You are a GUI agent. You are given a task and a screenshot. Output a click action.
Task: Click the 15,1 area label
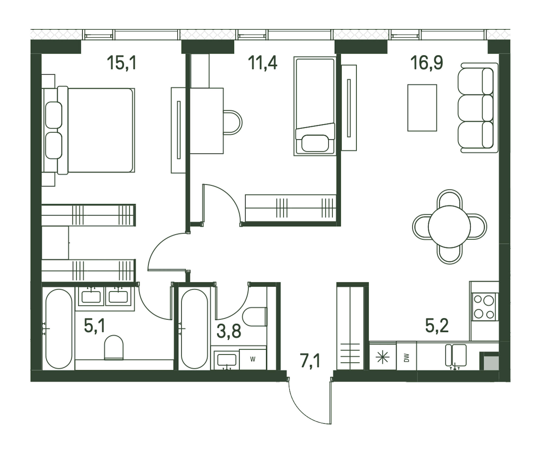point(122,63)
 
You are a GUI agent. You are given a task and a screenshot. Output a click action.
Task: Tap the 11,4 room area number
point(262,63)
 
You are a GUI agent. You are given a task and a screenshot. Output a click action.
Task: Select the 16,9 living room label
point(427,63)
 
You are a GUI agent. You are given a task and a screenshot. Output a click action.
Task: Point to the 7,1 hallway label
point(310,361)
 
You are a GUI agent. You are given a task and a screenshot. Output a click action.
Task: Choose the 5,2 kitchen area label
point(437,326)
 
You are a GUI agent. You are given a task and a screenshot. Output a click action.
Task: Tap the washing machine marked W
point(253,359)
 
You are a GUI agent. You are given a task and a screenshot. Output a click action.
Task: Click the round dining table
point(449,227)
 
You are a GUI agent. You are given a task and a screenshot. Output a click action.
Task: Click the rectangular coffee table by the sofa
point(422,107)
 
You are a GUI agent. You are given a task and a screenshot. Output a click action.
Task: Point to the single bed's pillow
point(315,143)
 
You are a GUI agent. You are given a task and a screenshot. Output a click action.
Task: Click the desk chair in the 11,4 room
point(233,122)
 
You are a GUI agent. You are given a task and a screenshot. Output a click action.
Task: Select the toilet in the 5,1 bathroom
point(114,347)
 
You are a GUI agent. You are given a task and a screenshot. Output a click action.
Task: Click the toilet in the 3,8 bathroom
point(254,316)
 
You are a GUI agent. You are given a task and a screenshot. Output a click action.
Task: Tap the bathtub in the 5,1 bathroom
point(59,329)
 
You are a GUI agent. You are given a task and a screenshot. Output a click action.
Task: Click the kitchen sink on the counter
point(456,355)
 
